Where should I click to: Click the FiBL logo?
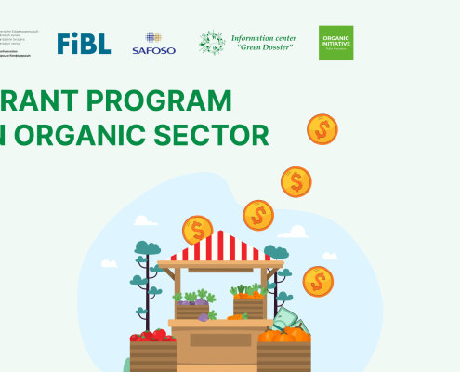tap(84, 43)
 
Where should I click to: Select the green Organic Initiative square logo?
tap(335, 43)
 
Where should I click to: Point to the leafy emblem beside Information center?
tap(212, 43)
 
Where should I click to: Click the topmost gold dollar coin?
tap(322, 128)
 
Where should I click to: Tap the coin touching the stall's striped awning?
tap(197, 230)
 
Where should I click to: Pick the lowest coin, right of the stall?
tap(318, 281)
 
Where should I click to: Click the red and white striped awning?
tap(221, 248)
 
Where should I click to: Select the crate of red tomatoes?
tap(152, 348)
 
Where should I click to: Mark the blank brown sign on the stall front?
tap(220, 341)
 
